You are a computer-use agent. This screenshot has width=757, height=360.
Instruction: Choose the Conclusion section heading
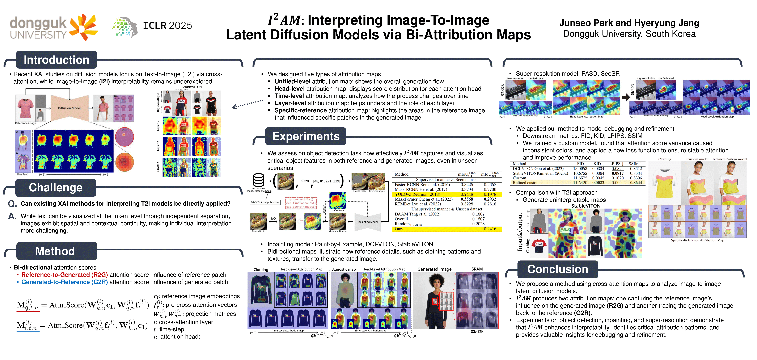click(x=557, y=269)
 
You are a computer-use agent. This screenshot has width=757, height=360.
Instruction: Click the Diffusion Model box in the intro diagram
click(x=69, y=108)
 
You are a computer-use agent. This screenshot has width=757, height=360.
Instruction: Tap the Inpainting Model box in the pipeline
click(x=367, y=222)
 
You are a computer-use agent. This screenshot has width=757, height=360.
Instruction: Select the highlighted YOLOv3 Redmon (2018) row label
click(x=417, y=194)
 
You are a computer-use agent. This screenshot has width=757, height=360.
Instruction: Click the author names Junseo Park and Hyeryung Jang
click(x=629, y=23)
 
